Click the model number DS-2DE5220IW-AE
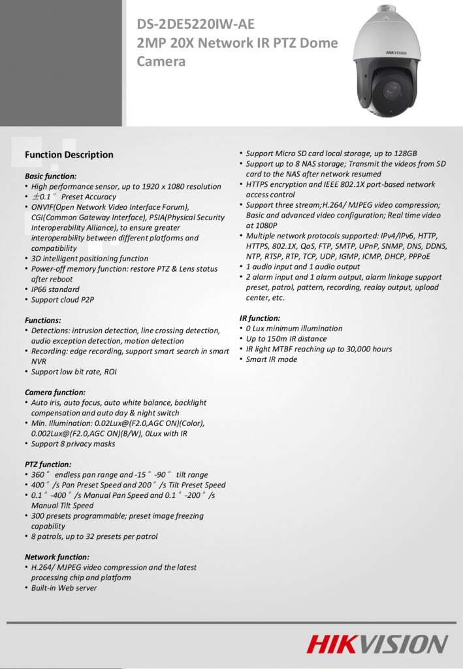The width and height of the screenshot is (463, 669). (195, 25)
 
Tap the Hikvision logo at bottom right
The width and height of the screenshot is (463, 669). (378, 644)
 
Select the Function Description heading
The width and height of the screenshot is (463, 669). (69, 155)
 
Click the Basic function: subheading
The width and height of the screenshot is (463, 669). (50, 176)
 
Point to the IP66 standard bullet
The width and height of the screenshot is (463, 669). (56, 289)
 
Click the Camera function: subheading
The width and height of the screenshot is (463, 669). (54, 392)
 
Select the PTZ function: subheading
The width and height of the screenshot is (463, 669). (48, 464)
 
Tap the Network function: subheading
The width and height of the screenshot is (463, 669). (56, 557)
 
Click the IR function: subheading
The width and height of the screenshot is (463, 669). (259, 318)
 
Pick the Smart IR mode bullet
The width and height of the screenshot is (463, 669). (271, 359)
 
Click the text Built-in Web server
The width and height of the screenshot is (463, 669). (64, 588)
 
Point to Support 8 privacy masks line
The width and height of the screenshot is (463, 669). (73, 444)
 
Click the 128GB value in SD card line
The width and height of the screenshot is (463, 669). (404, 154)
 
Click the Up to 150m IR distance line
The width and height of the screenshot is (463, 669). (286, 338)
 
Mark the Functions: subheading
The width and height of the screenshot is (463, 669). (42, 320)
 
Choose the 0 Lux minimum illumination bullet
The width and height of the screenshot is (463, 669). (294, 328)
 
